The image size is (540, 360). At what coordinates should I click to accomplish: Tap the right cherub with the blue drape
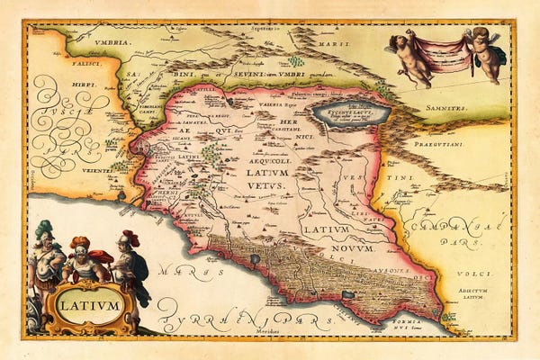click(486, 53)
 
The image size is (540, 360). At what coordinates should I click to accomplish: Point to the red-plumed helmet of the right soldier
click(130, 238)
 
